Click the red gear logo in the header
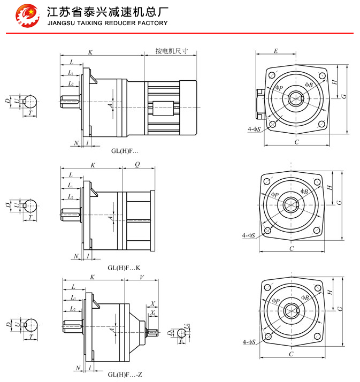[x=27, y=16]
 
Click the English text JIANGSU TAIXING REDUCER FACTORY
[x=108, y=23]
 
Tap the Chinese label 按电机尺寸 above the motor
[x=172, y=51]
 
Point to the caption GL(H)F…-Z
[x=125, y=374]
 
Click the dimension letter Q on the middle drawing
[x=138, y=165]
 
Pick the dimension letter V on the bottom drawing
[x=141, y=277]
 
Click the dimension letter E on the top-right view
[x=275, y=51]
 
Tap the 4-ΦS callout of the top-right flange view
[x=254, y=129]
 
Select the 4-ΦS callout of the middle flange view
[x=248, y=235]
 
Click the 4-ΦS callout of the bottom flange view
[x=248, y=341]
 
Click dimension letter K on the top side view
[x=90, y=52]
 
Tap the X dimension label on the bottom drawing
[x=152, y=303]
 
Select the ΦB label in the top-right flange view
[x=309, y=85]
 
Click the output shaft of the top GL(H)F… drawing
[x=69, y=100]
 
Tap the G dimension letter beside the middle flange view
[x=339, y=203]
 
